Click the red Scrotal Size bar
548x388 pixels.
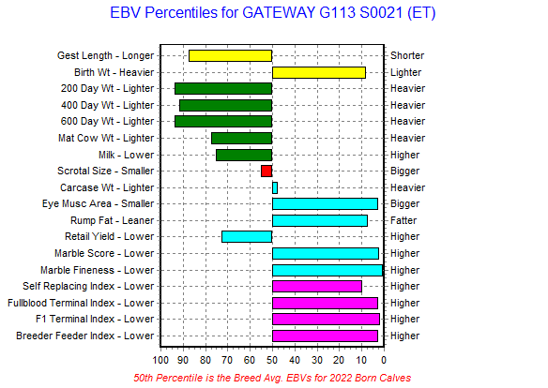pyautogui.click(x=266, y=171)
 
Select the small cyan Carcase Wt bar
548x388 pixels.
pyautogui.click(x=275, y=187)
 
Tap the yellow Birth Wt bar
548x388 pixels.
pyautogui.click(x=319, y=72)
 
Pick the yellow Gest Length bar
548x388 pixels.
pyautogui.click(x=230, y=56)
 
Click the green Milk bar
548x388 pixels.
pyautogui.click(x=244, y=155)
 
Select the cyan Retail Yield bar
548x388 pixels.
pyautogui.click(x=247, y=236)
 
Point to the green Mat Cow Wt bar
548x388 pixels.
pyautogui.click(x=241, y=138)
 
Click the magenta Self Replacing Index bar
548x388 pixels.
pyautogui.click(x=317, y=287)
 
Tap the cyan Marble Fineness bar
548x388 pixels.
pyautogui.click(x=327, y=270)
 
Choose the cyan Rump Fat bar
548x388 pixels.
pyautogui.click(x=320, y=220)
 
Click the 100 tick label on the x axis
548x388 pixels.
pyautogui.click(x=160, y=360)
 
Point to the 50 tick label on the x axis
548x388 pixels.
pyautogui.click(x=272, y=360)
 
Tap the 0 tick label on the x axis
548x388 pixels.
pyautogui.click(x=384, y=360)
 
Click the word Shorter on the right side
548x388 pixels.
pyautogui.click(x=407, y=55)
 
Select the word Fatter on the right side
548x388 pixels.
pyautogui.click(x=403, y=220)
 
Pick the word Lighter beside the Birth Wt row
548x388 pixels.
pyautogui.click(x=405, y=72)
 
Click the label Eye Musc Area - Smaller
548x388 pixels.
pyautogui.click(x=98, y=203)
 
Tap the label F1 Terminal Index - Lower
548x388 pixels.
pyautogui.click(x=95, y=319)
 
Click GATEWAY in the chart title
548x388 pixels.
pyautogui.click(x=279, y=13)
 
